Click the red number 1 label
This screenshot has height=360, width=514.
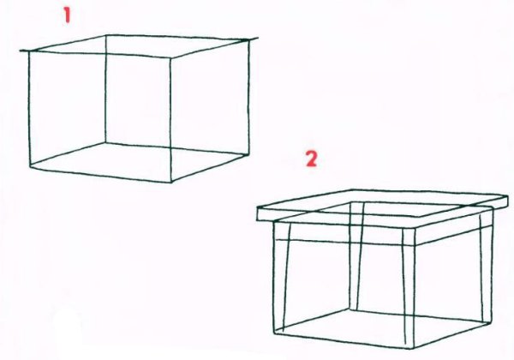(x=67, y=15)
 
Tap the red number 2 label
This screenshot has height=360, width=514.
(x=312, y=159)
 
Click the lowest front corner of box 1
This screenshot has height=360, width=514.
(x=171, y=182)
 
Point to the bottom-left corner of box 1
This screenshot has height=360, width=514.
(x=30, y=166)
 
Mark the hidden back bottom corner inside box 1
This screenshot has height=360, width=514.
(x=105, y=142)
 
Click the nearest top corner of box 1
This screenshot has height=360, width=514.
(x=170, y=58)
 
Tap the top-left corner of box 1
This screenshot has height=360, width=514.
(x=29, y=51)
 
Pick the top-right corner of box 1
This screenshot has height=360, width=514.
(x=248, y=40)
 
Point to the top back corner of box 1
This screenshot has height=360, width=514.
(x=106, y=35)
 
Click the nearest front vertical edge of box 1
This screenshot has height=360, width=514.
(x=170, y=120)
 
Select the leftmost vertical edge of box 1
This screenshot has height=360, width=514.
(x=29, y=108)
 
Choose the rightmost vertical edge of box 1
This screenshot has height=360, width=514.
(x=248, y=97)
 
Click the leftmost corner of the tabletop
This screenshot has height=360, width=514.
(x=257, y=208)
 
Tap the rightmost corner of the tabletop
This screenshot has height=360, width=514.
(x=507, y=196)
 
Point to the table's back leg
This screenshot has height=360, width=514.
(x=356, y=256)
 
